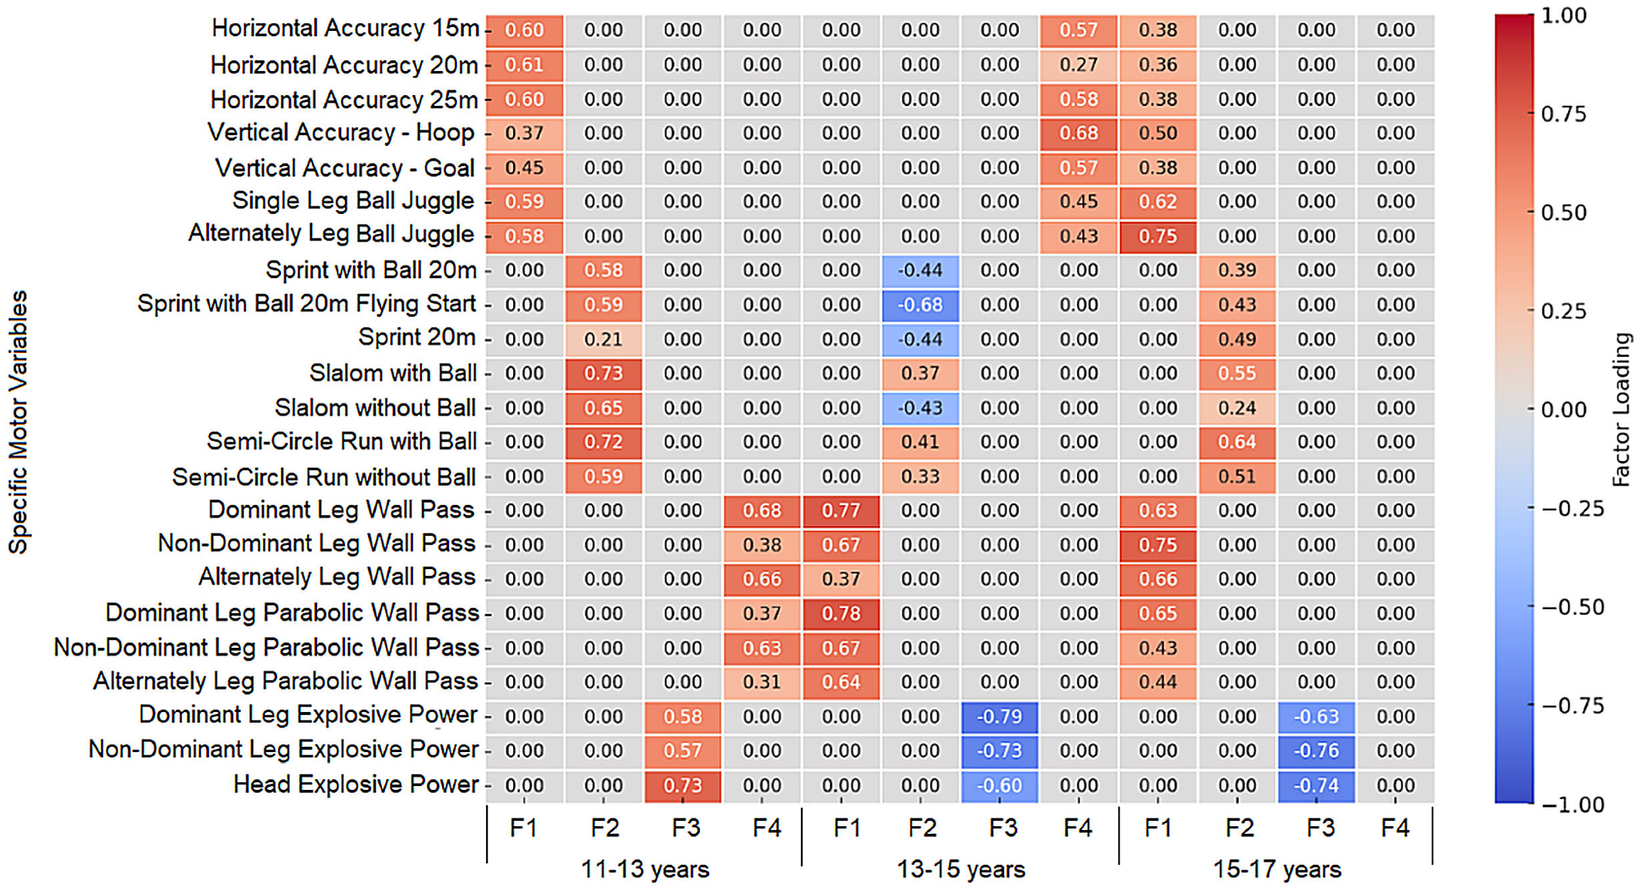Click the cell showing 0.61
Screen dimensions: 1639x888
pyautogui.click(x=525, y=65)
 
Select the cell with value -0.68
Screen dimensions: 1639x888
pyautogui.click(x=921, y=305)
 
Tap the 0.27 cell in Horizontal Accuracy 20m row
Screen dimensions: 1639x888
pyautogui.click(x=1079, y=65)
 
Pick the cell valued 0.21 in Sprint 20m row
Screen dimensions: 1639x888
pyautogui.click(x=603, y=339)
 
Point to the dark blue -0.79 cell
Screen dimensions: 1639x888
pyautogui.click(x=999, y=717)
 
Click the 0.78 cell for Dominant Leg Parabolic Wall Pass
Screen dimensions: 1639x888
pyautogui.click(x=841, y=614)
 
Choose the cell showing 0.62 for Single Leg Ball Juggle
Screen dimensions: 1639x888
pyautogui.click(x=1157, y=202)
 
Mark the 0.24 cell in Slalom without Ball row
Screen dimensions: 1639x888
pyautogui.click(x=1237, y=408)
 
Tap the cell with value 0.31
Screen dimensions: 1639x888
pyautogui.click(x=762, y=682)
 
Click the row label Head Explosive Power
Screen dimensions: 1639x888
pyautogui.click(x=356, y=785)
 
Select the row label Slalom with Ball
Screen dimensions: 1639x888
pyautogui.click(x=393, y=374)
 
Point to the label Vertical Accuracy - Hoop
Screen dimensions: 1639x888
pyautogui.click(x=341, y=133)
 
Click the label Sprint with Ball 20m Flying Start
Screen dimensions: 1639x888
pyautogui.click(x=306, y=304)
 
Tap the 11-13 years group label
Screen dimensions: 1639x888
pyautogui.click(x=645, y=869)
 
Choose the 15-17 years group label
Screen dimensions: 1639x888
pyautogui.click(x=1277, y=869)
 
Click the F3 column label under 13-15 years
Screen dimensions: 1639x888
pyautogui.click(x=1003, y=829)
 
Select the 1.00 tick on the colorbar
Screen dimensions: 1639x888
pyautogui.click(x=1563, y=15)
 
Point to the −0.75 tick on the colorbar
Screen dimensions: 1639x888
pyautogui.click(x=1573, y=706)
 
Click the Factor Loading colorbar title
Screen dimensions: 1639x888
pyautogui.click(x=1622, y=409)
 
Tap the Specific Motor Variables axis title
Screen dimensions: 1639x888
pyautogui.click(x=18, y=422)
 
